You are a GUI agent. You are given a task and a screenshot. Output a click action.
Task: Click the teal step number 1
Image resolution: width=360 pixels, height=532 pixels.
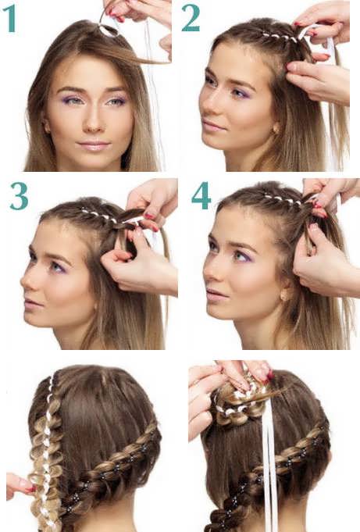tap(10, 19)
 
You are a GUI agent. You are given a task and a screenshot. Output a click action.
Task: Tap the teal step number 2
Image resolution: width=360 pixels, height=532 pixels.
tap(191, 19)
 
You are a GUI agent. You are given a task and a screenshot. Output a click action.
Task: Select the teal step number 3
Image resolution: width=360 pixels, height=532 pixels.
tap(19, 196)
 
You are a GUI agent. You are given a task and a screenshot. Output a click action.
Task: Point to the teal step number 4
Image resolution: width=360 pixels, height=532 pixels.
tap(201, 196)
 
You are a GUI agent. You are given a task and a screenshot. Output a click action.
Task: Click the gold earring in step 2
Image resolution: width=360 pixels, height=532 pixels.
tap(275, 129)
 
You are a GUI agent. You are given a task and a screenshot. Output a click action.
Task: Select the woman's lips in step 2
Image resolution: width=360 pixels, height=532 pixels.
tap(213, 127)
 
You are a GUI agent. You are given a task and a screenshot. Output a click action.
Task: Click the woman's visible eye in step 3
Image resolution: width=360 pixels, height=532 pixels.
tap(56, 267)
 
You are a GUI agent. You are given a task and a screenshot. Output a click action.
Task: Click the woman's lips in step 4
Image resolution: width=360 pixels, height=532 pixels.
tap(216, 295)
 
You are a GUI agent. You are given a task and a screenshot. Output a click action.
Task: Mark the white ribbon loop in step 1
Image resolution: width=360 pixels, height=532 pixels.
tap(109, 30)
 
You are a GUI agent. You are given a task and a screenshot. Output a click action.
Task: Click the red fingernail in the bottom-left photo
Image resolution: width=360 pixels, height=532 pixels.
tap(30, 489)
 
